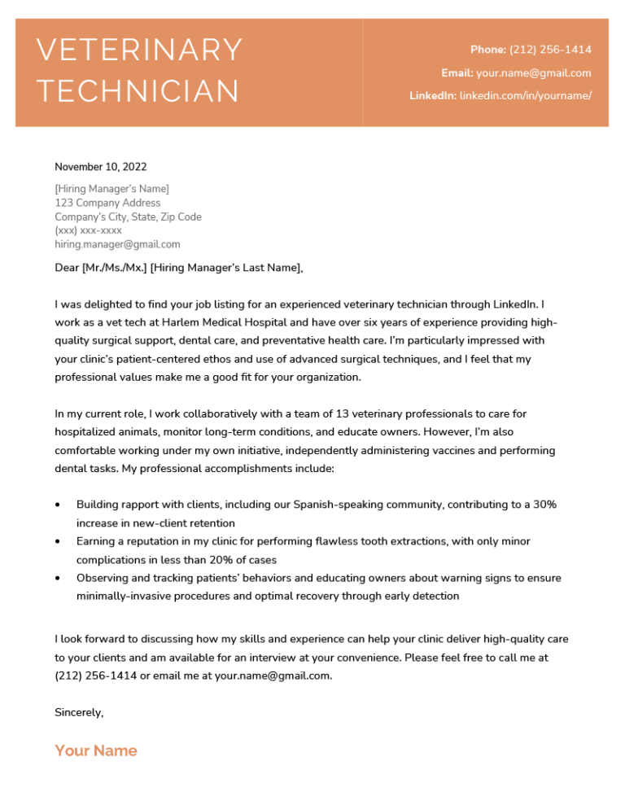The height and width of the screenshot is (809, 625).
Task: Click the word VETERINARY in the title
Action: click(x=140, y=50)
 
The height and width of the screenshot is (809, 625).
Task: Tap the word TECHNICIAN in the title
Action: click(x=138, y=91)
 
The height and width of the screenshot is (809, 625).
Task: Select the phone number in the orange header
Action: click(x=550, y=50)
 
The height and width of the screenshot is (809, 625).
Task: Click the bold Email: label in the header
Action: click(x=457, y=72)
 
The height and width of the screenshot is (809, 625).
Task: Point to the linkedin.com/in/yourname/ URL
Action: click(x=525, y=95)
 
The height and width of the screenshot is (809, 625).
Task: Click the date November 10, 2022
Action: click(x=101, y=167)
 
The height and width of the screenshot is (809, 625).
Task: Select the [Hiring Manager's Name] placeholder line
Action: click(x=111, y=189)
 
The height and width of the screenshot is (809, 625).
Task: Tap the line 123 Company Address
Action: click(x=107, y=203)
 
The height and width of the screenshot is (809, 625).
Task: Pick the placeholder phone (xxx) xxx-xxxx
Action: click(x=88, y=230)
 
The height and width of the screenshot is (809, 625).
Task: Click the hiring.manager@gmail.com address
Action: click(x=117, y=244)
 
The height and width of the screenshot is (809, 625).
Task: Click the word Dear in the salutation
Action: click(x=68, y=268)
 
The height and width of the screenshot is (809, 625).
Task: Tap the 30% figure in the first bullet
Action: click(x=544, y=505)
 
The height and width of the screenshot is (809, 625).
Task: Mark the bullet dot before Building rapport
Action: click(x=58, y=505)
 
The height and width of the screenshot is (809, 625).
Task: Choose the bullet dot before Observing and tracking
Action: click(x=58, y=578)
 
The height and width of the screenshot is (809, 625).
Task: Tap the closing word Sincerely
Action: click(x=79, y=712)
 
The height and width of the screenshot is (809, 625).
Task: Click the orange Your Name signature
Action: click(x=96, y=750)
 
